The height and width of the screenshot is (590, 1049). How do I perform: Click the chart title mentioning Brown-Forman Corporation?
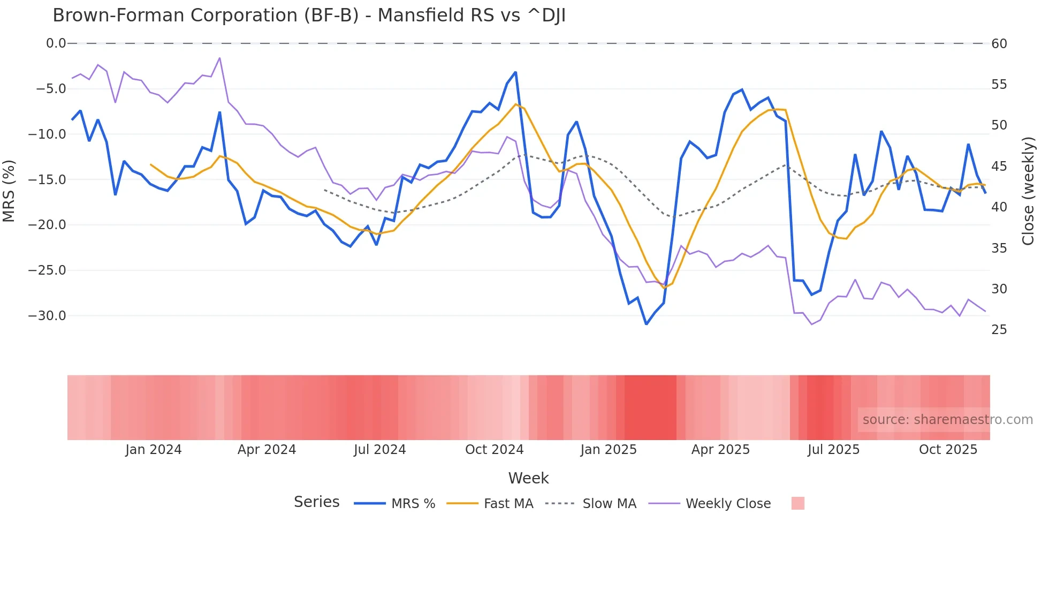click(x=309, y=16)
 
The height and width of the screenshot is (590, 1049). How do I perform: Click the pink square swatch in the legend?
click(x=797, y=503)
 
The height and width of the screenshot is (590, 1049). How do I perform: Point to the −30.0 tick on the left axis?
click(x=47, y=316)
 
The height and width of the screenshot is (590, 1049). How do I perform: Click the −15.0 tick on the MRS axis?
click(x=47, y=179)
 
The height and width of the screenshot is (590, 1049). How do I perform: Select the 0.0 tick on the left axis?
click(x=56, y=43)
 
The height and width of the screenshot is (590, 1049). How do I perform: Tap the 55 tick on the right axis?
click(x=999, y=85)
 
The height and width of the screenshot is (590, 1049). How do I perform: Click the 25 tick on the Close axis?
click(x=999, y=330)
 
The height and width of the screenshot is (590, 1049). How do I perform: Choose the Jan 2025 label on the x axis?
click(x=609, y=450)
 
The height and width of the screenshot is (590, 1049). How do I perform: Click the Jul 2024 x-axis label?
click(x=380, y=450)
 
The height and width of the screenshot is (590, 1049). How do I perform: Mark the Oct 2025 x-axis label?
click(x=948, y=450)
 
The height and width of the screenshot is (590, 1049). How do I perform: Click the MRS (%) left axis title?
click(x=9, y=191)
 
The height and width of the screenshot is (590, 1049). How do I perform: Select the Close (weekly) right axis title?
click(x=1028, y=191)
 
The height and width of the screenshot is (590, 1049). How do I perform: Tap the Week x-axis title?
click(x=528, y=478)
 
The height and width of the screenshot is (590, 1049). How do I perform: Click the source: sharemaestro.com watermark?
click(x=947, y=420)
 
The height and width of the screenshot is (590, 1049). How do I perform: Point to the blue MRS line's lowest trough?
click(x=647, y=324)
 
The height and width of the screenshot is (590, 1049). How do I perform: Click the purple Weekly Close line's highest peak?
click(x=219, y=58)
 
